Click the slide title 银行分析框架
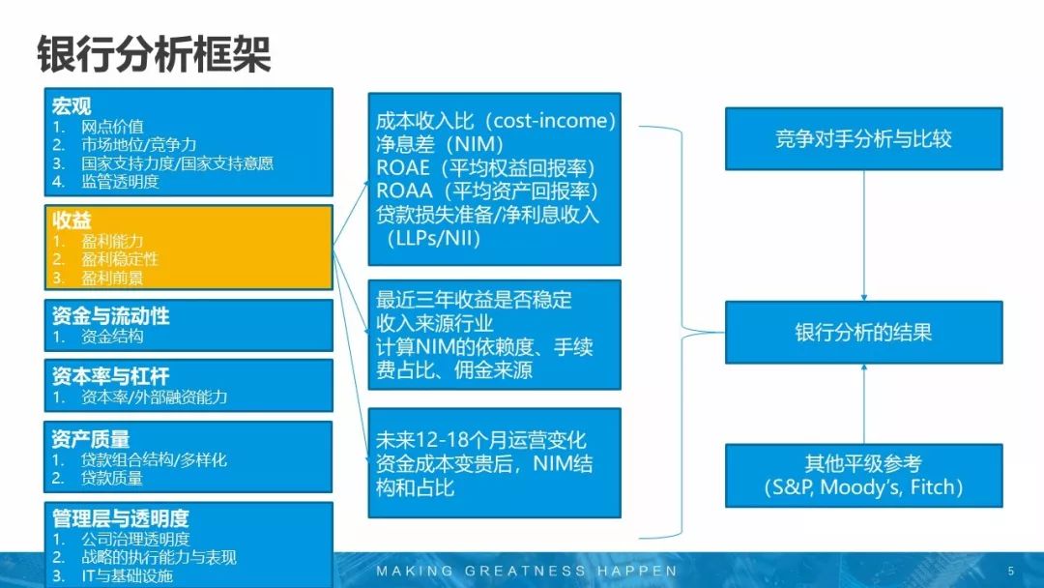154,54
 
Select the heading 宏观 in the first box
72,105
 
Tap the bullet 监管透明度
120,182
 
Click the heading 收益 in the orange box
72,220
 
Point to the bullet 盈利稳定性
120,259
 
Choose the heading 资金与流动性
110,315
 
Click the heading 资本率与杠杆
110,376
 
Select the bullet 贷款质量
112,478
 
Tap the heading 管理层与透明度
121,518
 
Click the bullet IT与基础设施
127,576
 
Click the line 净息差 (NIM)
440,144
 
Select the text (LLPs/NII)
433,238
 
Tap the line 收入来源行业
435,324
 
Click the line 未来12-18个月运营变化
480,440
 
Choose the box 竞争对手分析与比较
863,138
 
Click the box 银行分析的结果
863,333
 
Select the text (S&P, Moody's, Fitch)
863,487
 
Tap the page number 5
1011,571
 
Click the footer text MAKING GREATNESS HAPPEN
527,571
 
